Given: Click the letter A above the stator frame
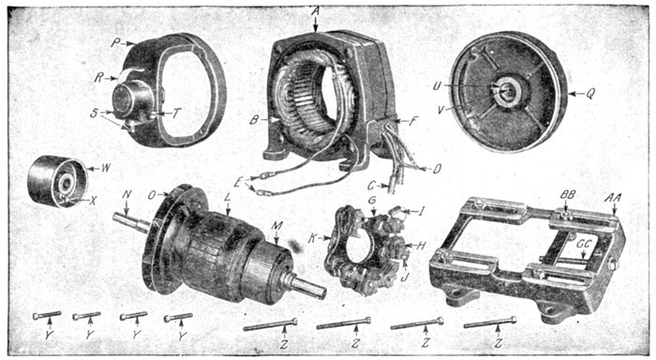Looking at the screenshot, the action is click(x=316, y=11).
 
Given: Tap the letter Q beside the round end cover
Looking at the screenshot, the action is click(x=590, y=94).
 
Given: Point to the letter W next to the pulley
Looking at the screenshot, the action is click(x=106, y=168).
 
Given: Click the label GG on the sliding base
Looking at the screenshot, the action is click(x=583, y=244).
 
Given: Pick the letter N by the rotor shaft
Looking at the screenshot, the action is click(x=127, y=194).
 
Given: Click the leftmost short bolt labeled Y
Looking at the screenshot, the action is click(x=47, y=316).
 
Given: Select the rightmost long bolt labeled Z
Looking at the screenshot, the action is click(x=490, y=322).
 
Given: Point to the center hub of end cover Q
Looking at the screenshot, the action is click(x=508, y=91).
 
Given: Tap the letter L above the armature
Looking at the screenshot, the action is click(x=228, y=199).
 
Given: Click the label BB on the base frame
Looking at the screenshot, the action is click(x=568, y=195).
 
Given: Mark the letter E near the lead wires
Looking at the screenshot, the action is click(x=239, y=183).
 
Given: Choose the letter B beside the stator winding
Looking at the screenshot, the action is click(x=254, y=121).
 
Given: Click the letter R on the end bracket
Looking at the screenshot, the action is click(x=99, y=78).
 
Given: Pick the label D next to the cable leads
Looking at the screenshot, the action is click(x=437, y=169).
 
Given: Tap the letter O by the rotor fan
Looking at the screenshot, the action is click(x=152, y=196).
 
